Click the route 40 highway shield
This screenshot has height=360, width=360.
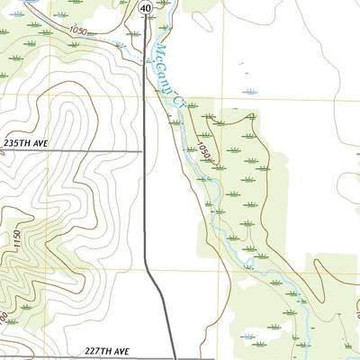click(x=145, y=7)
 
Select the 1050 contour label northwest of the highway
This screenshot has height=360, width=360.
click(x=78, y=31)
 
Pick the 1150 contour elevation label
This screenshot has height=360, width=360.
click(x=17, y=241)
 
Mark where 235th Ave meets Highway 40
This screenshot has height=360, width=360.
click(x=145, y=151)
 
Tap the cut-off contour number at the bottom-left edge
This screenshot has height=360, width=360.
click(x=4, y=317)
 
